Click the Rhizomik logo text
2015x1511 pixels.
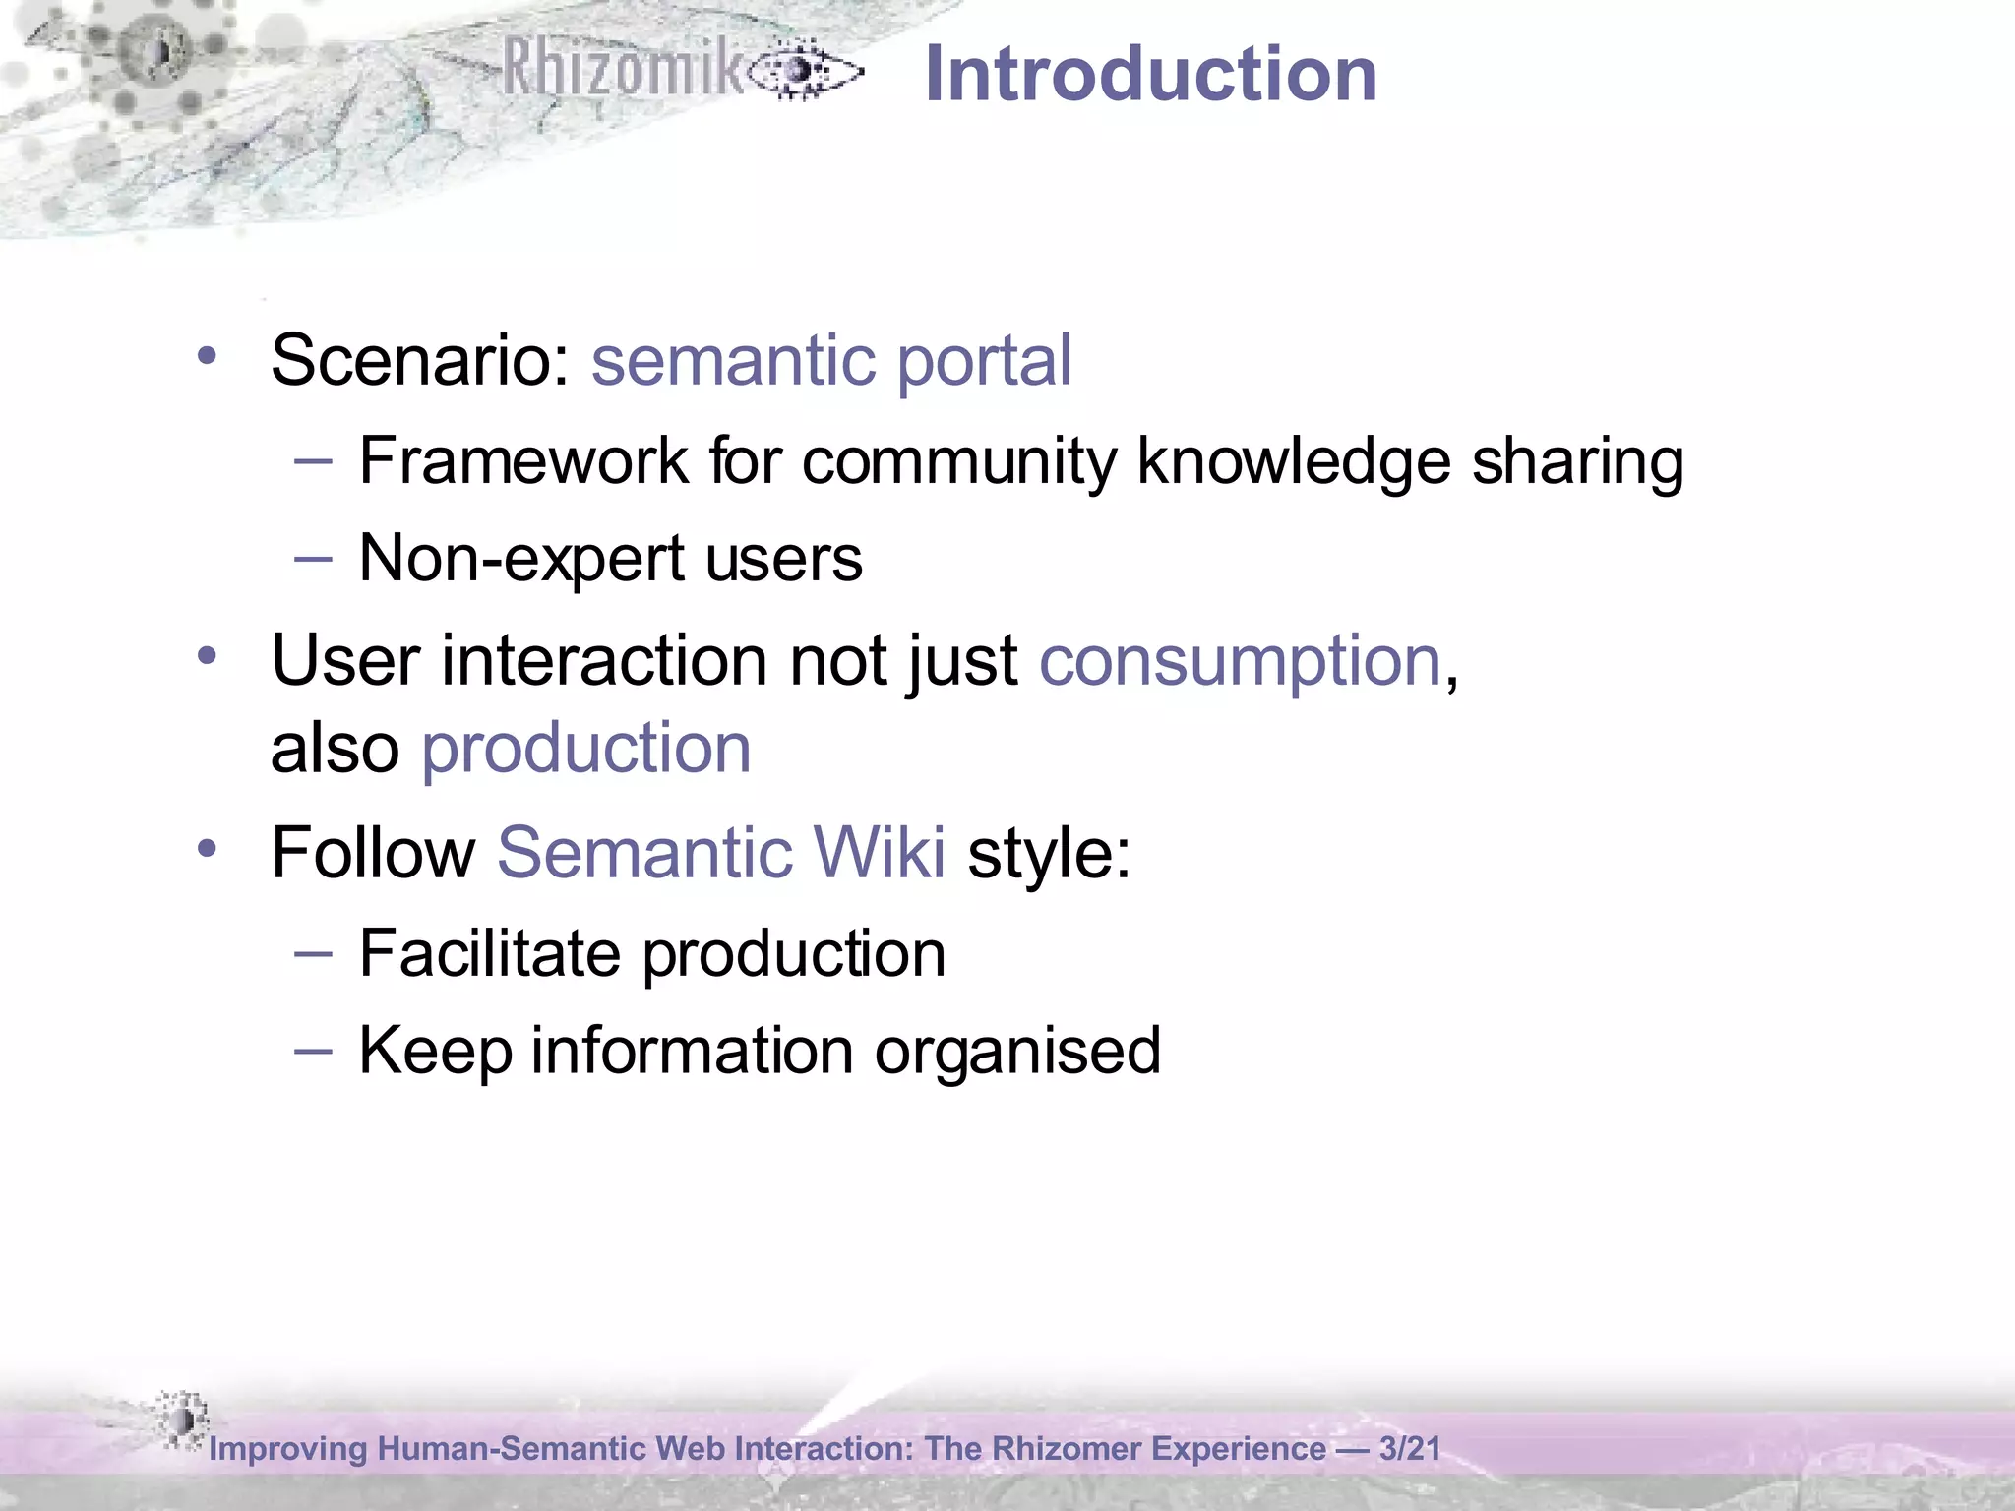tap(622, 68)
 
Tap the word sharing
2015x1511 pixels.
tap(1577, 460)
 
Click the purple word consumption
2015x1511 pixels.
tap(1240, 661)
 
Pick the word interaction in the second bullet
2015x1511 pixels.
tap(604, 660)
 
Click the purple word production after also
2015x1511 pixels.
tap(586, 749)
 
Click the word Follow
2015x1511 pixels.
tap(373, 852)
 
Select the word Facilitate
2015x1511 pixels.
tap(489, 953)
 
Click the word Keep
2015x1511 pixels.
tap(435, 1051)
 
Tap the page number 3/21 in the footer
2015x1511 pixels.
tap(1409, 1449)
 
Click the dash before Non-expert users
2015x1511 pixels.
tap(313, 559)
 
